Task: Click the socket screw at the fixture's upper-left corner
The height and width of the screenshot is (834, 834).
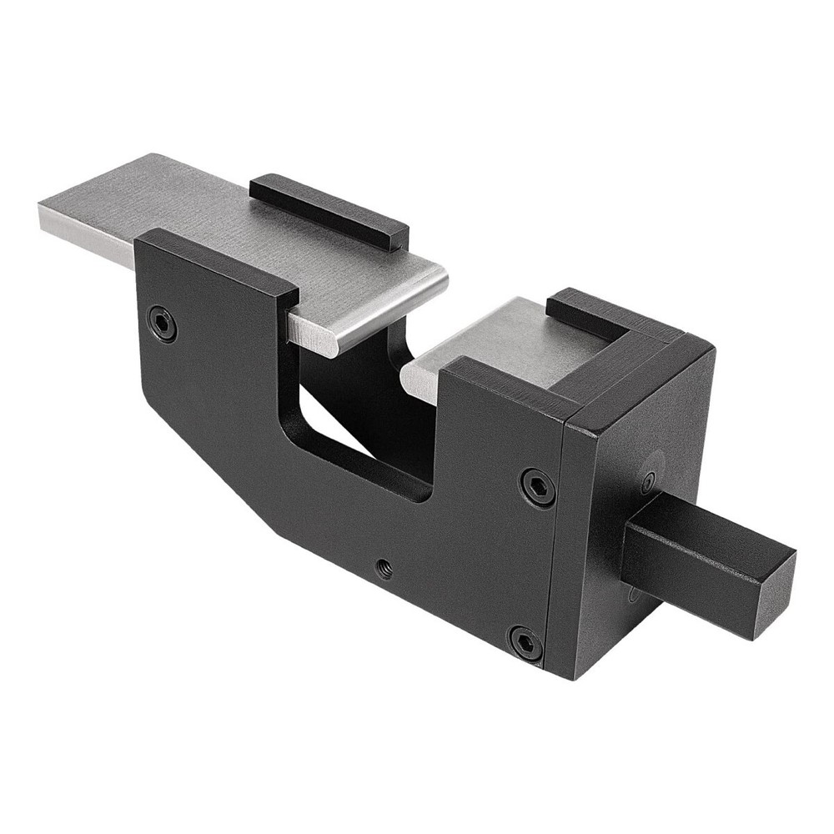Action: [x=162, y=324]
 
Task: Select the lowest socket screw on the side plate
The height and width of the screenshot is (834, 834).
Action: [x=525, y=643]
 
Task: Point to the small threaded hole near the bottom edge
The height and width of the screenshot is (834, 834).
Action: [x=384, y=569]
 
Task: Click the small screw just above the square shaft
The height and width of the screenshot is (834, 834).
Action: [x=648, y=482]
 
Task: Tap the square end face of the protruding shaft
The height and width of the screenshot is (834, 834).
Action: [x=774, y=594]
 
